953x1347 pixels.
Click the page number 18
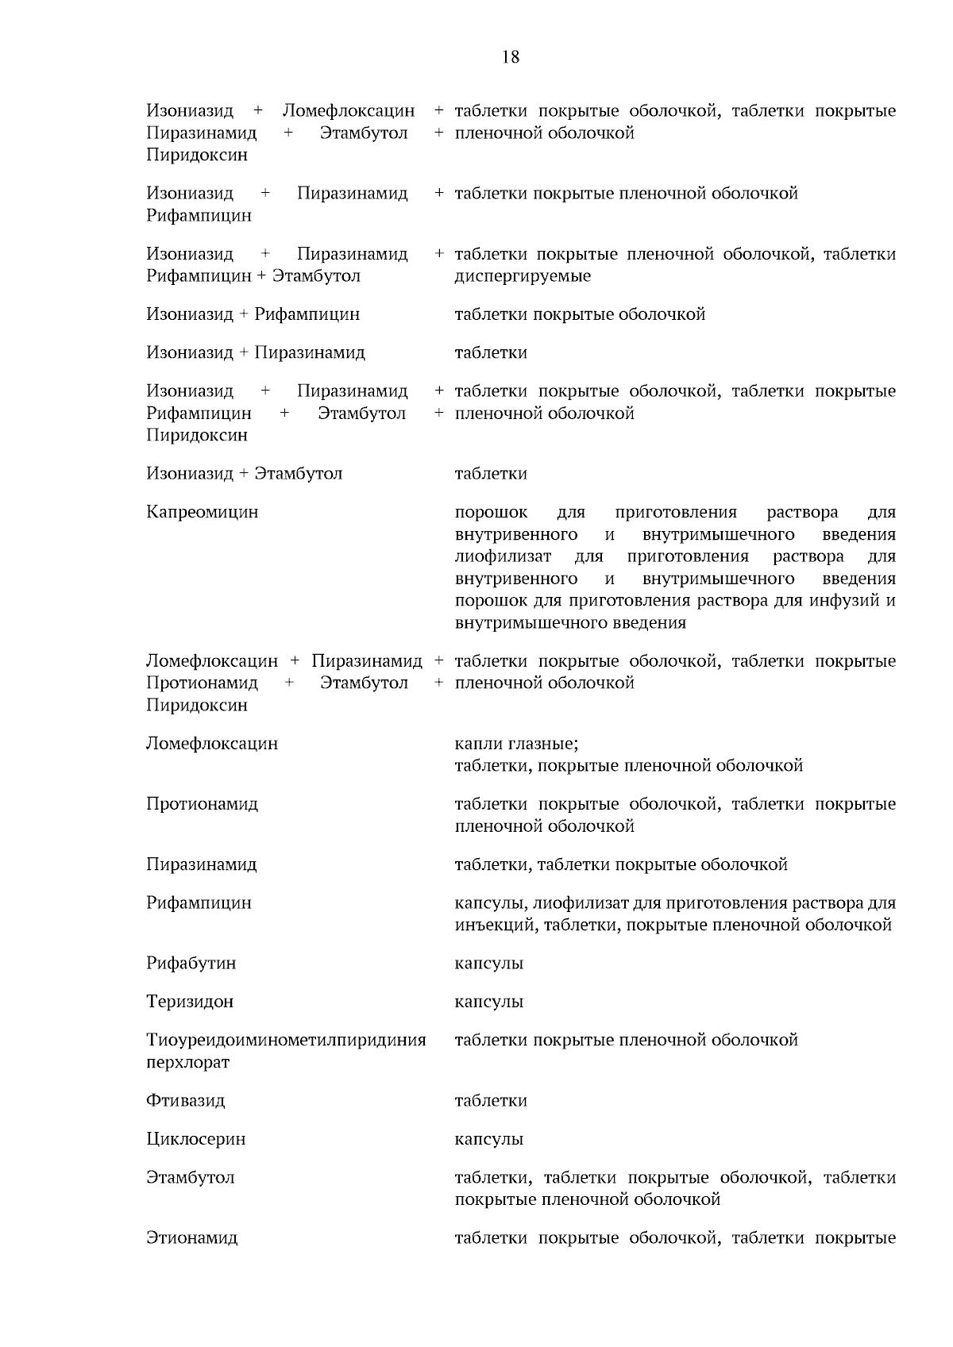pos(511,57)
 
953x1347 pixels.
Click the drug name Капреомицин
pos(202,512)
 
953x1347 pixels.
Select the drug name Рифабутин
pos(191,964)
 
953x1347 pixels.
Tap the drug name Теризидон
pos(190,1002)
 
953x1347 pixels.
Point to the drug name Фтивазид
pos(186,1101)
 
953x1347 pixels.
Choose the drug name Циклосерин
pos(195,1139)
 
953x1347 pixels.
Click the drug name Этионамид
pos(191,1238)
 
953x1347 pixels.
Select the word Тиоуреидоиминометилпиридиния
pos(286,1040)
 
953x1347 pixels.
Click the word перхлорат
pos(187,1062)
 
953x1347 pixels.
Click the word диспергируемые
pos(523,276)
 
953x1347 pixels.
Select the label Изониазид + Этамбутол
pos(244,474)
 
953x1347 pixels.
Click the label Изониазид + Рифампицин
pos(253,314)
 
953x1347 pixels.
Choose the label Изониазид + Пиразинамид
pos(255,352)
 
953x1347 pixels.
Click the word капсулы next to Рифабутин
pos(488,964)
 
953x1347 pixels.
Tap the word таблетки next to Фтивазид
pos(490,1101)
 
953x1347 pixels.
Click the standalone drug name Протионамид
pos(202,804)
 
